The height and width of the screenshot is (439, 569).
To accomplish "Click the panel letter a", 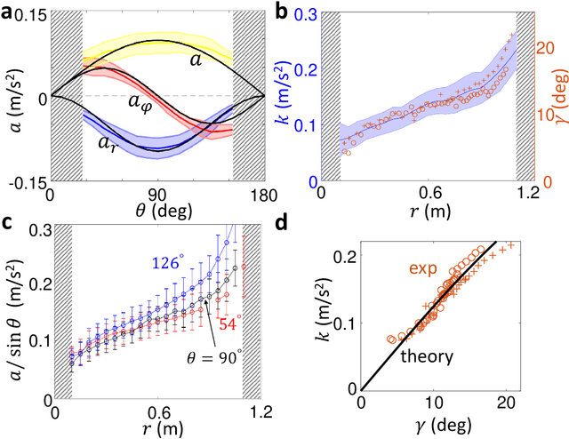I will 8,12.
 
